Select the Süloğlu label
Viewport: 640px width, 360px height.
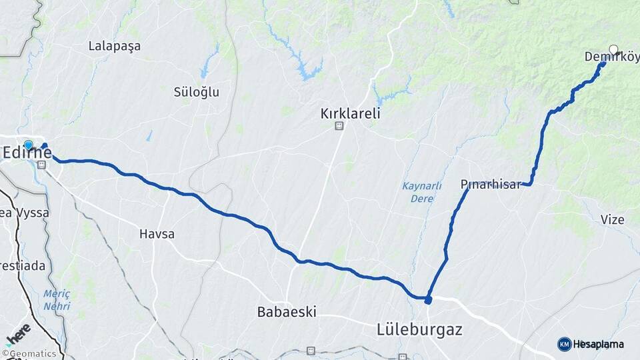(x=196, y=92)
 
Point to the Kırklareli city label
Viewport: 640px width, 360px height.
(x=350, y=113)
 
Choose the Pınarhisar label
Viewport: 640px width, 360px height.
(x=490, y=185)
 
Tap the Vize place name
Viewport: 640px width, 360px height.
(x=612, y=220)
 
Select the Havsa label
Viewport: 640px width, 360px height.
(x=157, y=234)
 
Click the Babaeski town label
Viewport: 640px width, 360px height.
(x=287, y=311)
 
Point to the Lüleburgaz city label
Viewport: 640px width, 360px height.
(x=419, y=329)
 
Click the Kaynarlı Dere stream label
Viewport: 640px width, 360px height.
(x=421, y=191)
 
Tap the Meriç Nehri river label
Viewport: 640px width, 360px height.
(x=57, y=299)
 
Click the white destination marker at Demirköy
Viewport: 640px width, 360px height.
(x=613, y=49)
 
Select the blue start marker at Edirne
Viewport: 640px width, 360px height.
(x=28, y=145)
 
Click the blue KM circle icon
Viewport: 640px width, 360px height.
(x=564, y=344)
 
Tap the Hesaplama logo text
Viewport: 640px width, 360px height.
(x=599, y=344)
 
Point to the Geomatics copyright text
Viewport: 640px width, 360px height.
(x=32, y=354)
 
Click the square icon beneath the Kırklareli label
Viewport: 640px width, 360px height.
(x=339, y=125)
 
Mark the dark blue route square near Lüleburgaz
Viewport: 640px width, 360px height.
(x=428, y=300)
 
